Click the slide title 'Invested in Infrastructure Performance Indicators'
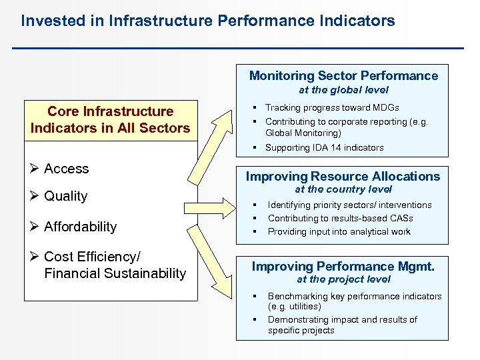point(207,21)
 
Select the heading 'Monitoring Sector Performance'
point(343,76)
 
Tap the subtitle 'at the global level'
point(343,90)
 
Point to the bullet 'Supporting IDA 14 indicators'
point(324,147)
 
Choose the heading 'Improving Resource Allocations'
point(343,177)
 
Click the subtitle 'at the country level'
point(343,190)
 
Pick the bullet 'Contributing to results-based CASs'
point(340,218)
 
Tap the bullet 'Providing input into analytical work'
point(339,231)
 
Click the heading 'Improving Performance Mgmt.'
point(343,267)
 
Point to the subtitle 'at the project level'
point(343,279)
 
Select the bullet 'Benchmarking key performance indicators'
point(354,296)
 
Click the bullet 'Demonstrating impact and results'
point(342,320)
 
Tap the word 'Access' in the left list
point(66,169)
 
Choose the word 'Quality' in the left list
point(65,196)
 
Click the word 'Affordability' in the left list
point(80,227)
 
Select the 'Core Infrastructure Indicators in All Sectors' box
point(110,120)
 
